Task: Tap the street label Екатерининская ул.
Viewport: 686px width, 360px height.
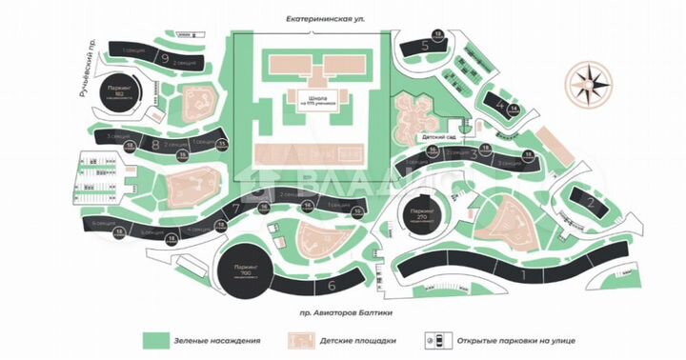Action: click(311, 18)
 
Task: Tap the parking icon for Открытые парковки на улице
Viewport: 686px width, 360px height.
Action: click(439, 340)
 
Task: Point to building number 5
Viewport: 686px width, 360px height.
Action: click(425, 45)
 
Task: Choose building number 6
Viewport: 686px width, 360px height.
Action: click(332, 284)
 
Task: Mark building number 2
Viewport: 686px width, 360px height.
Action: click(591, 202)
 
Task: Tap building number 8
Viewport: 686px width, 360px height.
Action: click(154, 145)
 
